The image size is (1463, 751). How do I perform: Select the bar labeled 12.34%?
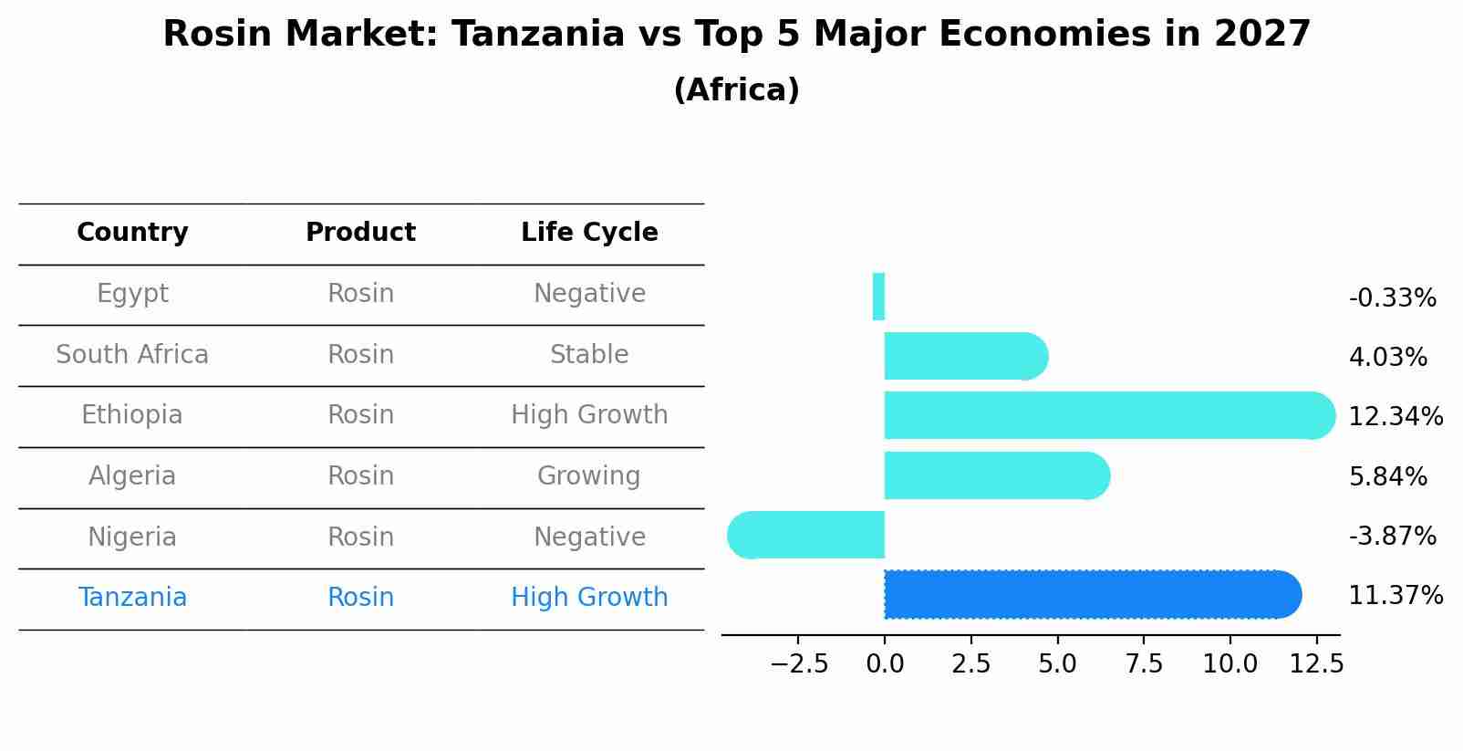click(x=1108, y=415)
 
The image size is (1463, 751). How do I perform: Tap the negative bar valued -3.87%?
click(x=806, y=535)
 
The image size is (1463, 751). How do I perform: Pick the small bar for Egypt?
click(x=878, y=297)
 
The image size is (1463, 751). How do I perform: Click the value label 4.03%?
click(x=1387, y=357)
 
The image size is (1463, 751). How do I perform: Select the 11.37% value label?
click(x=1396, y=596)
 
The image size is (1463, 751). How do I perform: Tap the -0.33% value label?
click(x=1392, y=298)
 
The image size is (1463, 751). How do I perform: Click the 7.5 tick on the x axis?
click(x=1144, y=664)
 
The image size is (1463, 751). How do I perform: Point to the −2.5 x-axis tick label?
click(x=799, y=664)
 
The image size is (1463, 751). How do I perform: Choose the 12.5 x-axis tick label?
click(x=1316, y=664)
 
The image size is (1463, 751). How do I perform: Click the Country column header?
click(x=132, y=233)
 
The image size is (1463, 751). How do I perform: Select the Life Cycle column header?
click(x=589, y=233)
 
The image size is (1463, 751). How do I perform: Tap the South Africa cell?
click(x=132, y=355)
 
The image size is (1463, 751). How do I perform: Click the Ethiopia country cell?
click(x=132, y=415)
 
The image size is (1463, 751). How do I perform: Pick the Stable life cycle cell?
click(x=589, y=355)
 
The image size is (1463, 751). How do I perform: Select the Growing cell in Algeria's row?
click(x=589, y=476)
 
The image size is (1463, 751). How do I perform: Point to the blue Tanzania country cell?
click(x=132, y=598)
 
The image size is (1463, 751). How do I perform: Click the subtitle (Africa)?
click(x=736, y=90)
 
